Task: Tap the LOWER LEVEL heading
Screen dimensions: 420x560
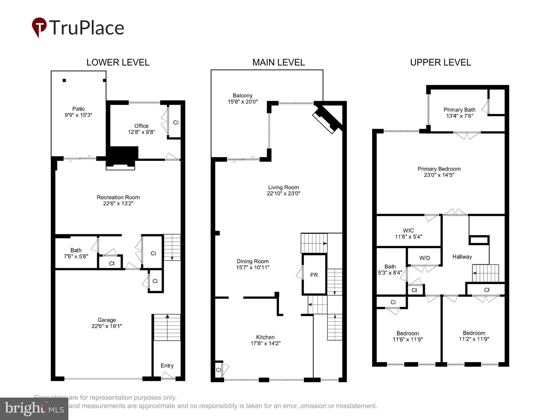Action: pyautogui.click(x=118, y=63)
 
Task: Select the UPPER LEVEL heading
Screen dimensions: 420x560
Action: pyautogui.click(x=440, y=63)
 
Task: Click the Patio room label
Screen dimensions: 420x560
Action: pyautogui.click(x=78, y=109)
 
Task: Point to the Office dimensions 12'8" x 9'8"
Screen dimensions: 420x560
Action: pyautogui.click(x=141, y=132)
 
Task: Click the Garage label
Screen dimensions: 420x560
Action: pyautogui.click(x=107, y=320)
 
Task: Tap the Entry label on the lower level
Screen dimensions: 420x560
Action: pyautogui.click(x=167, y=366)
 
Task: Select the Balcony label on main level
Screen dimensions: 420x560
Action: pyautogui.click(x=242, y=96)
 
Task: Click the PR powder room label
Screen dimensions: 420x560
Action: pyautogui.click(x=314, y=275)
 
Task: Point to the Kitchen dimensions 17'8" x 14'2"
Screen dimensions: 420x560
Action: pyautogui.click(x=265, y=343)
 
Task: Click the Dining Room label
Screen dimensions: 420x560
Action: pyautogui.click(x=252, y=261)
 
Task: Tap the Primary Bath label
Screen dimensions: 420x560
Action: pyautogui.click(x=459, y=110)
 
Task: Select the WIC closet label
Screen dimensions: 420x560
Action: pyautogui.click(x=408, y=231)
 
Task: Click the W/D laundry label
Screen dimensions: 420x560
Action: pyautogui.click(x=424, y=258)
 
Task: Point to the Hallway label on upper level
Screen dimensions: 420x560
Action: pyautogui.click(x=462, y=257)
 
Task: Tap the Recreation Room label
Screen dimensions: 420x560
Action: pyautogui.click(x=118, y=197)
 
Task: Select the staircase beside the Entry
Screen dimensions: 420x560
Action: pyautogui.click(x=167, y=327)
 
